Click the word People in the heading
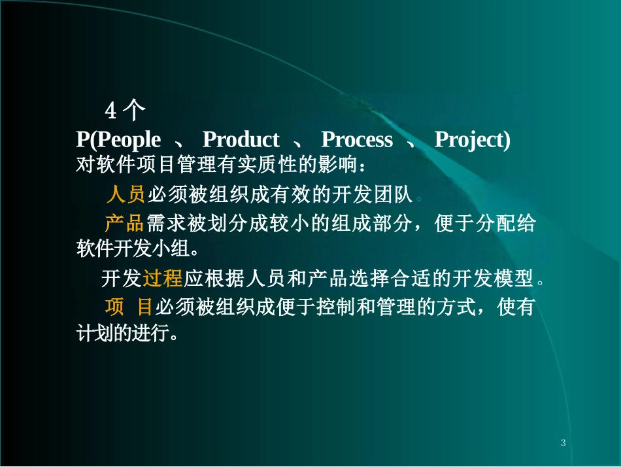click(128, 140)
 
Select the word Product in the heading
click(241, 140)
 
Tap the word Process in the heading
click(357, 140)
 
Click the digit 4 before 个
click(111, 112)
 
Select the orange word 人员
click(125, 194)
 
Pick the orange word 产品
click(124, 224)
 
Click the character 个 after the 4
click(133, 112)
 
